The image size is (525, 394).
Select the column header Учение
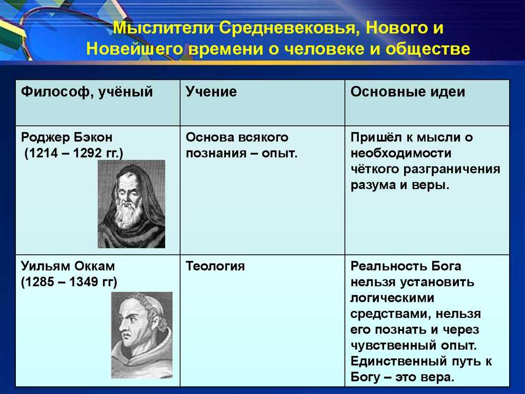[x=211, y=91]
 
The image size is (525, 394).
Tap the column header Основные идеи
[x=408, y=91]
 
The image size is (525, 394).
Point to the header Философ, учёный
[x=87, y=92]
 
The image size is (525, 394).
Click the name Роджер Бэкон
[x=67, y=137]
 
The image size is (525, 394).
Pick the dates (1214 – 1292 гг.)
[x=74, y=154]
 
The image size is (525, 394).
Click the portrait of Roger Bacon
[x=131, y=204]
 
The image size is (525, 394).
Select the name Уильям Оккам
[x=68, y=266]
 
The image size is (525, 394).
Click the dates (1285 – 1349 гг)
[x=69, y=282]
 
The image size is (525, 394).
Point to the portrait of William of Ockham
[x=142, y=335]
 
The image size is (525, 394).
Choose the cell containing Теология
[x=262, y=321]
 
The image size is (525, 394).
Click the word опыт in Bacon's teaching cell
[x=279, y=154]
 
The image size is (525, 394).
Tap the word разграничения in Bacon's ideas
[x=452, y=170]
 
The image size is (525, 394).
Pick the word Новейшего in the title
[x=134, y=49]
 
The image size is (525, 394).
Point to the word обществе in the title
[x=428, y=49]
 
